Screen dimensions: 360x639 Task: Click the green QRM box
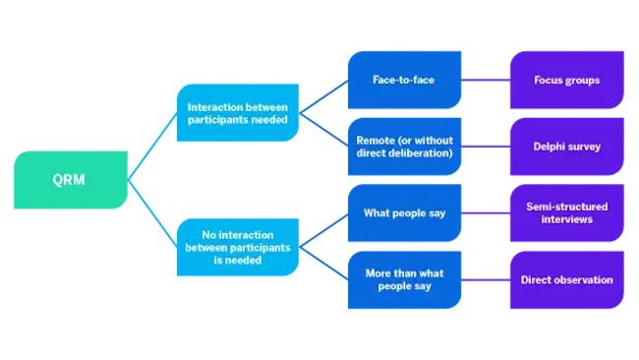[x=71, y=180]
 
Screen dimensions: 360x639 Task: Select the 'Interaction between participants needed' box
[x=238, y=112]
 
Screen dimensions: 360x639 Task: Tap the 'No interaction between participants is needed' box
[x=238, y=247]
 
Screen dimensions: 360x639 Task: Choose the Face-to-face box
[x=405, y=80]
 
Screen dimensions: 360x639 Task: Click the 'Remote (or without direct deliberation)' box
[x=405, y=147]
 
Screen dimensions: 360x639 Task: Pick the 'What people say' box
[x=405, y=213]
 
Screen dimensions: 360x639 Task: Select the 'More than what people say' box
[x=405, y=279]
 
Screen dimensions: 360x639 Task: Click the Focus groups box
[x=566, y=80]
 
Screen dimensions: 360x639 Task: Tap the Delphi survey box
[x=566, y=147]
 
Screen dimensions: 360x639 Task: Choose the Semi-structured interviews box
[x=566, y=213]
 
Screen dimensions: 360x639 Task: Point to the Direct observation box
[x=566, y=279]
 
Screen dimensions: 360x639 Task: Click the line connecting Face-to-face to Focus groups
[x=486, y=80]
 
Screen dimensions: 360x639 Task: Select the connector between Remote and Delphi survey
[x=486, y=147]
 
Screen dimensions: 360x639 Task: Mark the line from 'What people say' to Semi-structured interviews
[x=486, y=213]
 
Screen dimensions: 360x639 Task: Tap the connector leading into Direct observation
[x=486, y=279]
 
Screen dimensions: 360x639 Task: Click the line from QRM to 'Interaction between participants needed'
[x=152, y=147]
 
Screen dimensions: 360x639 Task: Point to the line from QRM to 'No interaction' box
[x=152, y=212]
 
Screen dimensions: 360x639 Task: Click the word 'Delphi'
[x=551, y=147]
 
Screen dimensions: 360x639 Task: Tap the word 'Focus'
[x=550, y=80]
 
